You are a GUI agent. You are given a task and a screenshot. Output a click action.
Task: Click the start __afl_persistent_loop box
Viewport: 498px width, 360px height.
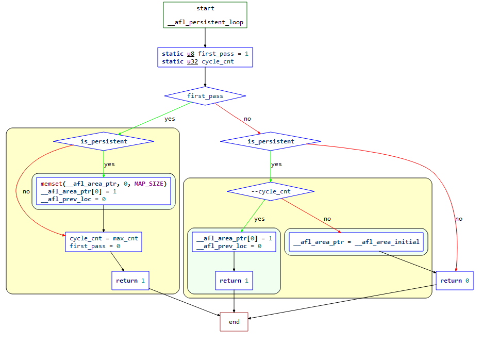tap(205, 15)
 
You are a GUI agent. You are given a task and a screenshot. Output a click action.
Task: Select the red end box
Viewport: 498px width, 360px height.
tap(234, 322)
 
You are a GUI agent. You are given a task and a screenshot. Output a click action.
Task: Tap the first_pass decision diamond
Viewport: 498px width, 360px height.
tap(205, 96)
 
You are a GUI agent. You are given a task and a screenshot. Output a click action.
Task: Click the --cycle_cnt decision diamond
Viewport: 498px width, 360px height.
tap(271, 191)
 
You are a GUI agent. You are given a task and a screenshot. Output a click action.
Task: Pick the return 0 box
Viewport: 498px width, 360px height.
tap(454, 281)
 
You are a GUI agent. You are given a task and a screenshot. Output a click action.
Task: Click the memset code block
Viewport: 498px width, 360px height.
tap(104, 191)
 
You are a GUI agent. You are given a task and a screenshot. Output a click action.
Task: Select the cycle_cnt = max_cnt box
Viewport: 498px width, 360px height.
tap(104, 242)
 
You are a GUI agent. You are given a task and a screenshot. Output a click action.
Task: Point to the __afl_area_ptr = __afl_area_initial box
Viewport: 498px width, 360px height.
tap(356, 242)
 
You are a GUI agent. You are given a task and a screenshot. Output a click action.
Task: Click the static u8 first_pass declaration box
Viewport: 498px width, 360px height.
tap(205, 57)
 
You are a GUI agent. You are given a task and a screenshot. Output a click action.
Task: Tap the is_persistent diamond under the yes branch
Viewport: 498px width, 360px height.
tap(104, 141)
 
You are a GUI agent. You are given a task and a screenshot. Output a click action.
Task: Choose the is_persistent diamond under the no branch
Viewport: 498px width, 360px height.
tap(271, 141)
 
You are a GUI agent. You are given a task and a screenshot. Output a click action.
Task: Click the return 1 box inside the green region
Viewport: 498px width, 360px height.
tap(234, 281)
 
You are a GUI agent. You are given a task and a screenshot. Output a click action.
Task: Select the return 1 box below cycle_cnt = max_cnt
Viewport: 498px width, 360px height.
tap(130, 281)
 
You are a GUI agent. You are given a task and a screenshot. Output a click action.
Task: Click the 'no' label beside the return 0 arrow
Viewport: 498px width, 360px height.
tap(458, 219)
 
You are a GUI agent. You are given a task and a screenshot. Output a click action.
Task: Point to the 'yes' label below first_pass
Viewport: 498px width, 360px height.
tap(170, 119)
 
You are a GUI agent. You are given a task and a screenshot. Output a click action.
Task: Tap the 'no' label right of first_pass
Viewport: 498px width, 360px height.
tap(247, 119)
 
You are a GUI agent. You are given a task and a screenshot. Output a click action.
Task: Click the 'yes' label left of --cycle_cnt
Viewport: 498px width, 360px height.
tap(259, 219)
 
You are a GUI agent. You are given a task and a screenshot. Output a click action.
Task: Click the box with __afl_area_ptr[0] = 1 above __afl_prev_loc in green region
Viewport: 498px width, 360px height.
tap(234, 242)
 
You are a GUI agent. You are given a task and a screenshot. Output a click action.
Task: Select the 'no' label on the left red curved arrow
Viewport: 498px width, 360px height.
tap(26, 192)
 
